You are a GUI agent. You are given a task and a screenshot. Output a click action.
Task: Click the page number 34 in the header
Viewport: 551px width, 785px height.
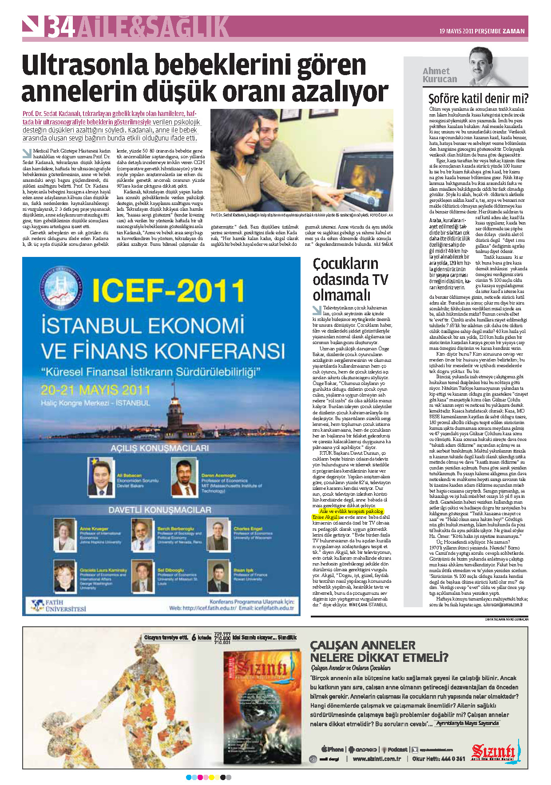coord(61,27)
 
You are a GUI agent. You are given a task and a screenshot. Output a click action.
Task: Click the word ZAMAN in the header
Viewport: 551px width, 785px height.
coord(514,31)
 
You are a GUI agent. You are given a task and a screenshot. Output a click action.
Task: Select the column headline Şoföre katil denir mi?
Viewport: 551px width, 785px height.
coord(478,98)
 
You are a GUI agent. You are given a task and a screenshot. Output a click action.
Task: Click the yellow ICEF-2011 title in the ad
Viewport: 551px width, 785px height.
coord(168,290)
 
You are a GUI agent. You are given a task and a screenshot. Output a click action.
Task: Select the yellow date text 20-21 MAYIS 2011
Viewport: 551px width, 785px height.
coord(95,390)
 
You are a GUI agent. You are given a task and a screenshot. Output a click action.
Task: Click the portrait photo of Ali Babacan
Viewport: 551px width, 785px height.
coord(100,477)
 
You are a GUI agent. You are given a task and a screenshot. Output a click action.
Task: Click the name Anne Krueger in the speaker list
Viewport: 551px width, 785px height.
coord(94,529)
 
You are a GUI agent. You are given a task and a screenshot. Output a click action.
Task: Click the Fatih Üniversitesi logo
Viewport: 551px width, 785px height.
coord(59,605)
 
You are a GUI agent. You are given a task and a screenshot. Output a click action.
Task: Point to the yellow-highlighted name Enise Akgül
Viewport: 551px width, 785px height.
coord(325,517)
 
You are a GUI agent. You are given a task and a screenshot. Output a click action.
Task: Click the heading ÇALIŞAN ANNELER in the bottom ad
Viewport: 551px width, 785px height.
coord(362,645)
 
